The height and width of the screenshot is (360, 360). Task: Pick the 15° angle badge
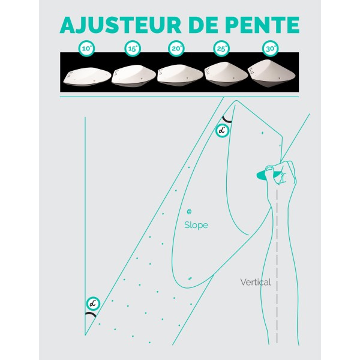(133, 47)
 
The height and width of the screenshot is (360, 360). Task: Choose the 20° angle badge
(176, 47)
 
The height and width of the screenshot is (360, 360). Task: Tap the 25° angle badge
(221, 47)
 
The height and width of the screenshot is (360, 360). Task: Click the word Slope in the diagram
(196, 225)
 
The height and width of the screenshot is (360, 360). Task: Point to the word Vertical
(256, 281)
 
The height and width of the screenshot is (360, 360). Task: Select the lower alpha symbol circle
(92, 303)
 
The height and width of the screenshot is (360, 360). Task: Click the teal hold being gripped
(262, 175)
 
